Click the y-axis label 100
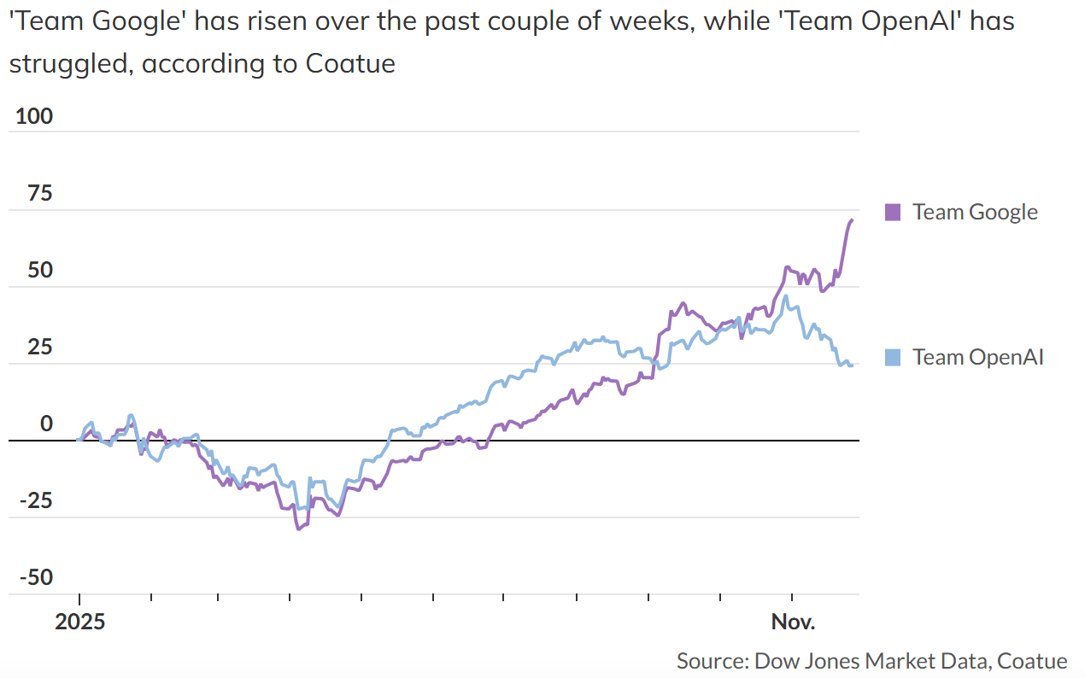tap(34, 116)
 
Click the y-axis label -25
tap(36, 500)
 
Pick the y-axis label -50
tap(36, 578)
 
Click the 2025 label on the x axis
tap(79, 621)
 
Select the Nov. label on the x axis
tap(794, 621)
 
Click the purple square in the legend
tap(893, 212)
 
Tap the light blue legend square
tap(893, 357)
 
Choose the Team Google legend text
tap(975, 212)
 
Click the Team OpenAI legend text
tap(978, 357)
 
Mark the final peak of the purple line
tap(852, 220)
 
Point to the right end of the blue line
tap(852, 365)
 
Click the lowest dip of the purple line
tap(298, 529)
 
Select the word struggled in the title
tap(69, 63)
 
